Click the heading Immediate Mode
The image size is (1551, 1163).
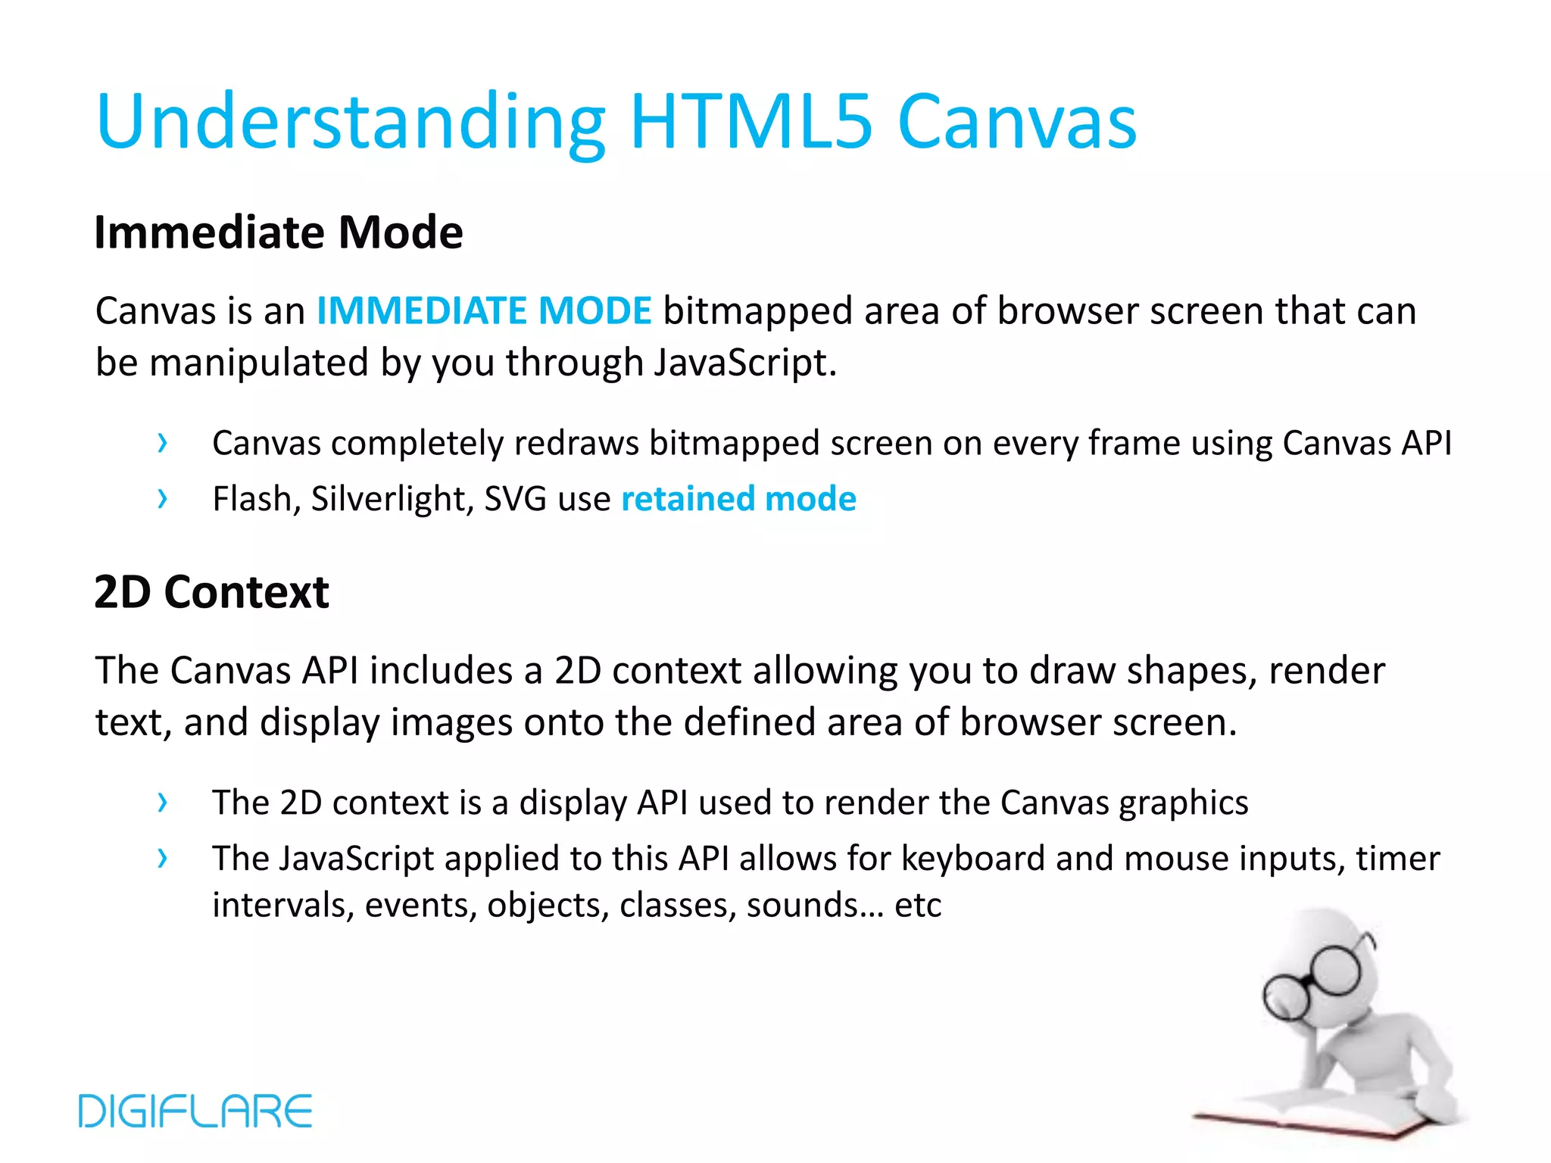pyautogui.click(x=278, y=232)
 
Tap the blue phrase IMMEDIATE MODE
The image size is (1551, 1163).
pyautogui.click(x=483, y=310)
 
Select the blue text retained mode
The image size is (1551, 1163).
pyautogui.click(x=738, y=499)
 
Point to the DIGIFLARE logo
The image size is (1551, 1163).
pyautogui.click(x=195, y=1111)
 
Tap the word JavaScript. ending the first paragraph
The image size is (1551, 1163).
pyautogui.click(x=745, y=363)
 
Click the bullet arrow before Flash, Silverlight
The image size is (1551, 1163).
pyautogui.click(x=162, y=499)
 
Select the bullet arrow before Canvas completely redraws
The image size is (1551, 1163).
pyautogui.click(x=162, y=443)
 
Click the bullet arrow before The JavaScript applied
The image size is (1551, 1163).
pyautogui.click(x=162, y=859)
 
